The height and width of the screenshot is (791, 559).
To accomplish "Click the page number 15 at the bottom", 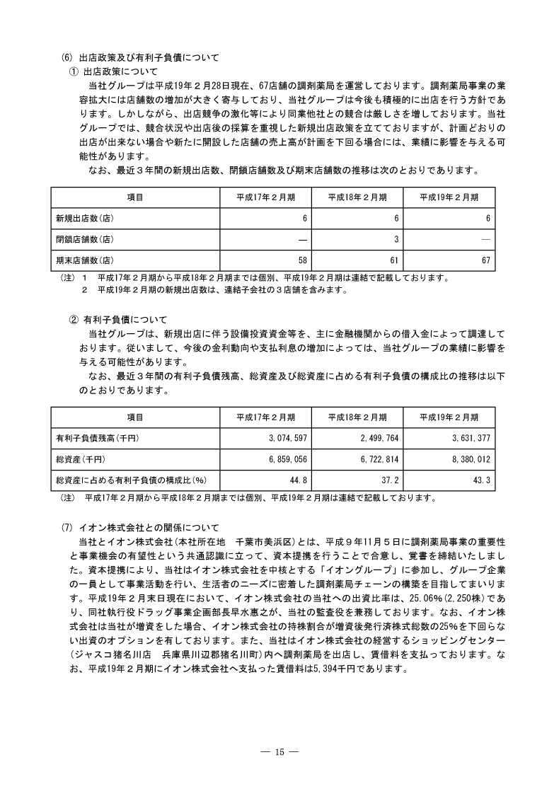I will coord(279,752).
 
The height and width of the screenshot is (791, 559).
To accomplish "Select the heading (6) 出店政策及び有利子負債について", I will coord(141,58).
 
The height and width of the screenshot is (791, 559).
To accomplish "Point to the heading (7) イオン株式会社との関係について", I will coord(141,528).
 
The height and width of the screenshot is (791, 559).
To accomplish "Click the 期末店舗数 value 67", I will coord(485,260).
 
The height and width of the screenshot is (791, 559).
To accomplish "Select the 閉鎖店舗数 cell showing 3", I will coord(397,239).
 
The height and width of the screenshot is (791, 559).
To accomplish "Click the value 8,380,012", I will coord(468,459).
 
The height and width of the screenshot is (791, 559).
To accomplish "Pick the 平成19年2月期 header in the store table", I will coord(449,197).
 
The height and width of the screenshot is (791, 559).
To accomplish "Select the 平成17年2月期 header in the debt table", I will coord(265,417).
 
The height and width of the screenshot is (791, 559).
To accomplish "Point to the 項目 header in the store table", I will coord(134,197).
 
